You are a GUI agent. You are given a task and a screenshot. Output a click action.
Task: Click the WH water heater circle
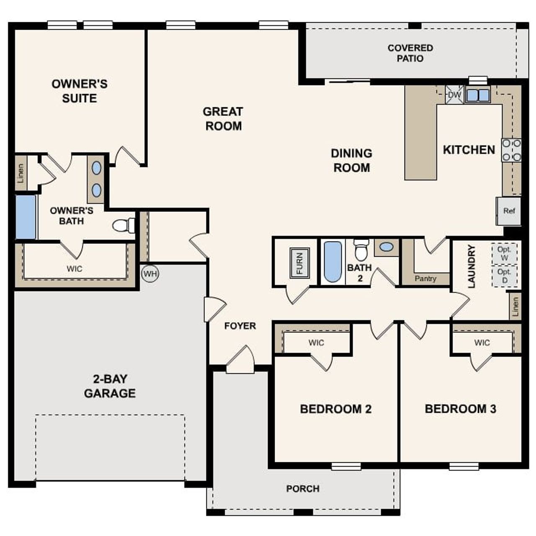150,274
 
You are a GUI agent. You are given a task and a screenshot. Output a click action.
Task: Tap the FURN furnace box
299,263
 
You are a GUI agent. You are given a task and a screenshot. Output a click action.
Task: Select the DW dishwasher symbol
454,95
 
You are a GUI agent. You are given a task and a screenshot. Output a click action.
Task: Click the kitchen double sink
477,95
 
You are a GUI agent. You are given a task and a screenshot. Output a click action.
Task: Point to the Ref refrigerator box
509,211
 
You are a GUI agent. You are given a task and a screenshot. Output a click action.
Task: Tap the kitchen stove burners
511,150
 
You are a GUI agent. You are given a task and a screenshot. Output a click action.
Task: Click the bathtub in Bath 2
333,261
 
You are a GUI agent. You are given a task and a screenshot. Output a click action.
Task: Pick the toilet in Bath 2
361,250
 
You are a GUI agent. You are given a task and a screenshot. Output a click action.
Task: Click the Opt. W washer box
504,254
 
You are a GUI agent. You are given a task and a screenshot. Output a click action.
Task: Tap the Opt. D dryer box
504,276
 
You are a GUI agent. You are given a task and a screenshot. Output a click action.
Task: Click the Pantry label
425,278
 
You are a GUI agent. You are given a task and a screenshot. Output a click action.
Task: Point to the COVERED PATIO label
410,53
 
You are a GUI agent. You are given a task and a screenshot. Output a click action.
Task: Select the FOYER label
240,326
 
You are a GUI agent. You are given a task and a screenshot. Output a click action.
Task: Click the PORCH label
303,489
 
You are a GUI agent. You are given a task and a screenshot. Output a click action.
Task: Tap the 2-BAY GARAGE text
110,386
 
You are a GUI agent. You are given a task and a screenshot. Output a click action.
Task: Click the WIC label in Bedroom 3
482,343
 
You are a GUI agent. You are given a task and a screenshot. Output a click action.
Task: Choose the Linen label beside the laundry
515,307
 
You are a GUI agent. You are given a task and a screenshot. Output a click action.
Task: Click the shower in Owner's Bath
26,216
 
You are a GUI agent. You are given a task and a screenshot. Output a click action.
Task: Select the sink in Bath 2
387,247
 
